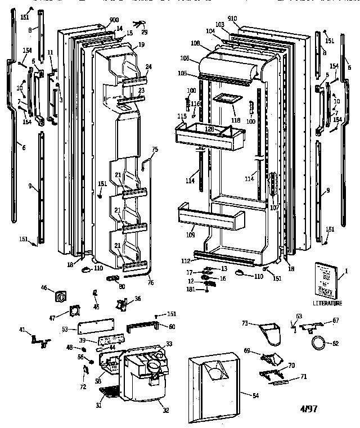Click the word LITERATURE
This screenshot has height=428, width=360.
[327, 304]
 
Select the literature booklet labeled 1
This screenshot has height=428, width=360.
[326, 280]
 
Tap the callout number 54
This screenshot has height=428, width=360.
[256, 396]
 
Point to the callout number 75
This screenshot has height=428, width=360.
[156, 149]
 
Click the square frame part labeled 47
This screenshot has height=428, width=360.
[74, 313]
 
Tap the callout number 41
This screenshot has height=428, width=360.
[23, 330]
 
